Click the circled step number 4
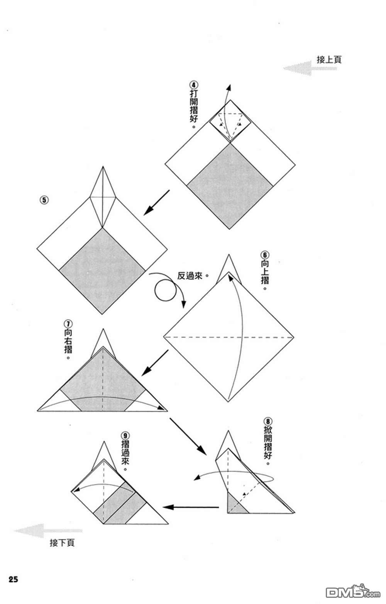pyautogui.click(x=194, y=85)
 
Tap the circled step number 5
pyautogui.click(x=44, y=200)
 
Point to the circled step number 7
pyautogui.click(x=68, y=323)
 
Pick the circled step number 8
pyautogui.click(x=267, y=421)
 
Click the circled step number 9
pyautogui.click(x=125, y=436)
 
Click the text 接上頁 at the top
pyautogui.click(x=329, y=60)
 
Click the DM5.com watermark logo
pyautogui.click(x=353, y=592)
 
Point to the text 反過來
pyautogui.click(x=190, y=276)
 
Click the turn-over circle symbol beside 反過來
pyautogui.click(x=165, y=290)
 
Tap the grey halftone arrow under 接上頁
pyautogui.click(x=310, y=68)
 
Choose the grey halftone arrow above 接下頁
pyautogui.click(x=48, y=531)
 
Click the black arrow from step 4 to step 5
pyautogui.click(x=156, y=202)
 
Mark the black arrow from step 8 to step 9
pyautogui.click(x=191, y=507)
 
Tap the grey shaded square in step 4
pyautogui.click(x=230, y=186)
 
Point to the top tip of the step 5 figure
pyautogui.click(x=103, y=167)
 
